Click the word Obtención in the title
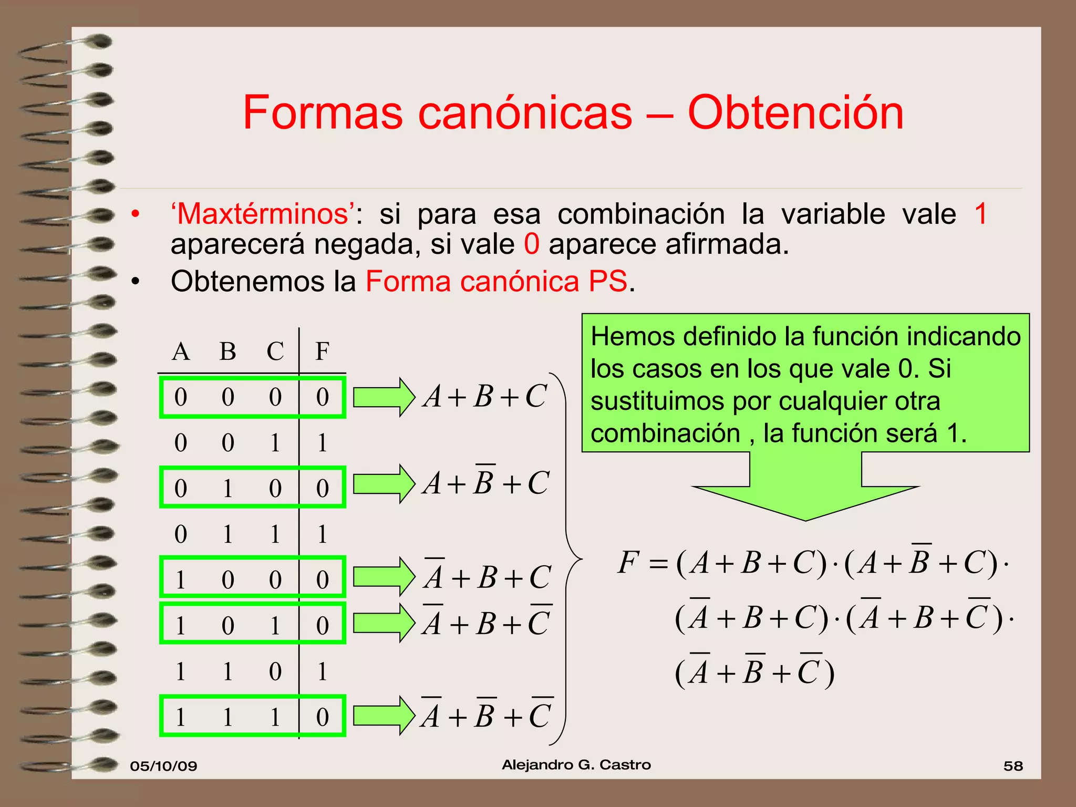click(795, 113)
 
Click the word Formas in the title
click(323, 113)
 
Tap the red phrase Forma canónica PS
click(496, 282)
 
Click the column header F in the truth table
click(322, 351)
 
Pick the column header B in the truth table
click(227, 351)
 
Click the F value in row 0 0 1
click(322, 443)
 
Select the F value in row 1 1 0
click(322, 671)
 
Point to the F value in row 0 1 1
click(322, 534)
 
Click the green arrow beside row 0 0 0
click(384, 397)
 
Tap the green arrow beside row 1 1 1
click(384, 715)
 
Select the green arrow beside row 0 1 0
click(384, 484)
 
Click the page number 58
click(1013, 766)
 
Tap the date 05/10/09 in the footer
click(163, 766)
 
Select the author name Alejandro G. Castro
click(576, 765)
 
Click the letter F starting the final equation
click(628, 562)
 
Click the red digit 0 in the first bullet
click(531, 245)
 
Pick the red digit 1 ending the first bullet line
click(980, 214)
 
